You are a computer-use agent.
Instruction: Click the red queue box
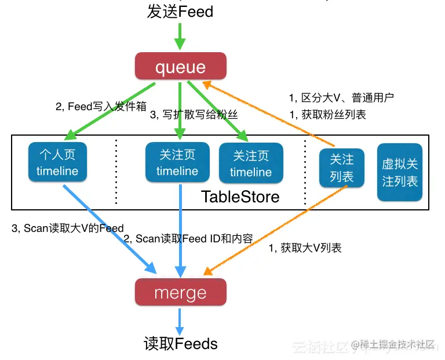click(180, 67)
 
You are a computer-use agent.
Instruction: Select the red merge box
click(180, 292)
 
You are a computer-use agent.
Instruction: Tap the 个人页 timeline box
click(57, 163)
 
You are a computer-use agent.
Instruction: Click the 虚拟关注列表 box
click(400, 172)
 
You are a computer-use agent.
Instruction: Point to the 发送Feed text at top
click(180, 11)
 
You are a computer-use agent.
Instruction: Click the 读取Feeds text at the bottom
click(181, 344)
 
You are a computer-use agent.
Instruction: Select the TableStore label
click(240, 197)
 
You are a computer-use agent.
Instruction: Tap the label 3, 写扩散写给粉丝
click(194, 115)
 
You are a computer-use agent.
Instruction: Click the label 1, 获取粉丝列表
click(327, 115)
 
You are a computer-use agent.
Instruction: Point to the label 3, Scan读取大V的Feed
click(68, 228)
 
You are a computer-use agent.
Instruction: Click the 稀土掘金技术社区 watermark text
click(399, 346)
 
